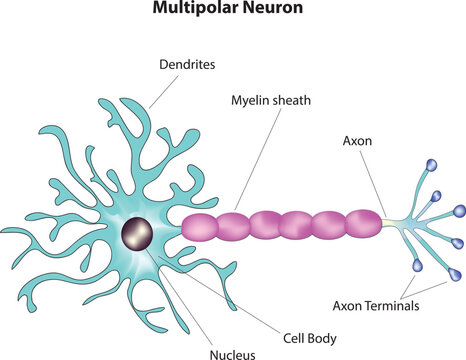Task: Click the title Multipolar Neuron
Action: (x=232, y=11)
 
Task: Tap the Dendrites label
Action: (x=188, y=64)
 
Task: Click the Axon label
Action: (x=357, y=142)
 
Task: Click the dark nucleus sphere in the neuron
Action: (x=138, y=236)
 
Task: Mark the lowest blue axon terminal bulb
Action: (x=418, y=265)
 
